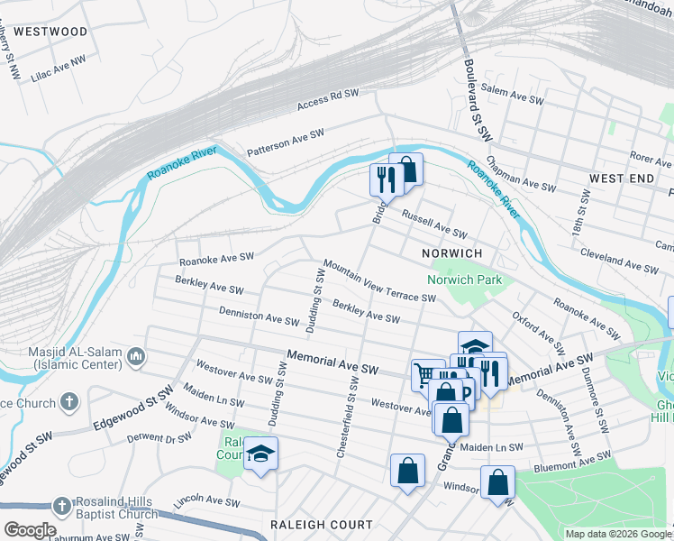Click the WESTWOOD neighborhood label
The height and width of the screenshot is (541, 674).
coord(51,32)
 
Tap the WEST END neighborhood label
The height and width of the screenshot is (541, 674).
coord(621,179)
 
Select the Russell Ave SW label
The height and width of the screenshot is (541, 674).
coord(433,225)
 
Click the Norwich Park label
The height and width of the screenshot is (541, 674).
coord(464,280)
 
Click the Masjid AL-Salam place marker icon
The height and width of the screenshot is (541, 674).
coord(136,358)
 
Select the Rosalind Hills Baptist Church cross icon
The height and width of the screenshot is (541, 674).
coord(61,508)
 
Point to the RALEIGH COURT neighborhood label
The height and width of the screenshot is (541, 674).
coord(322,525)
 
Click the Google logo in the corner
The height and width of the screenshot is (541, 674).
coord(29,530)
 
